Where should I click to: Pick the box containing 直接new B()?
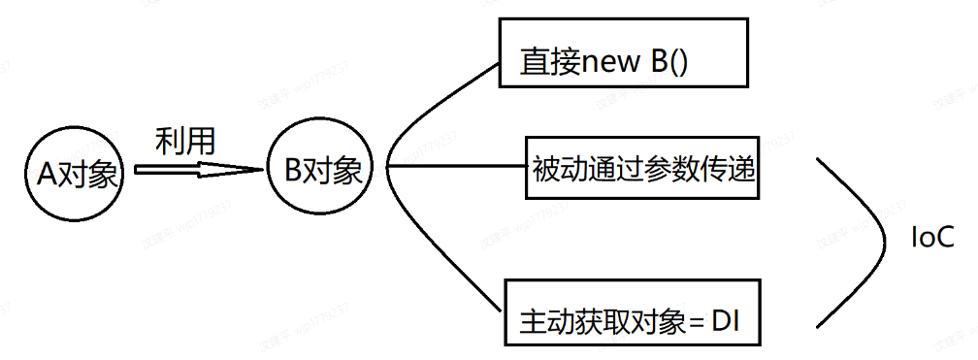[x=622, y=52]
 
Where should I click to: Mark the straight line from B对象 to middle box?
[x=456, y=166]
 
